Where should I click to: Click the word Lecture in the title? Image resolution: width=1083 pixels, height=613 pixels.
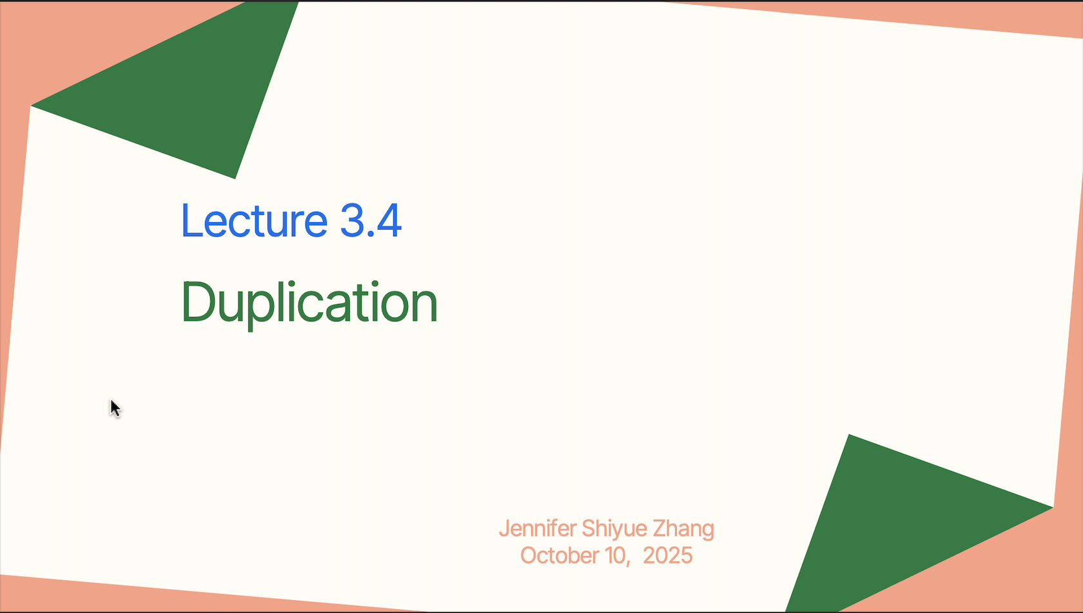254,221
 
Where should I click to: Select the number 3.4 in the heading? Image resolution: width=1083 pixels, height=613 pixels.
371,221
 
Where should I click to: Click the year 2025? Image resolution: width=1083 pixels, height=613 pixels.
668,556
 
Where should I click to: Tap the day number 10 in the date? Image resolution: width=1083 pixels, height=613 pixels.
616,556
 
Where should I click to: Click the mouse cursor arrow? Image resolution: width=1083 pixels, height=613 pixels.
115,408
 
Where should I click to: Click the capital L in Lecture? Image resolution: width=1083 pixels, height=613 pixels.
191,221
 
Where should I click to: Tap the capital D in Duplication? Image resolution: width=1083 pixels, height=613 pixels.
197,301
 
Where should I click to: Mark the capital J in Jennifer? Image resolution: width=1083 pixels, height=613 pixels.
504,528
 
